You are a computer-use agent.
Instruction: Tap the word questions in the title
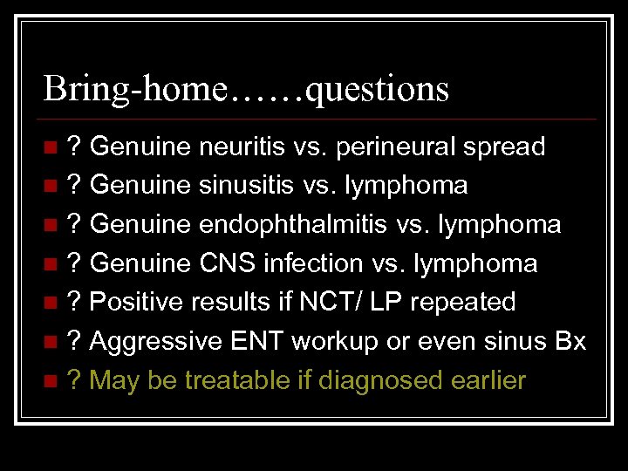coord(378,88)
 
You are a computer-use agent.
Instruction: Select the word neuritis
coord(241,147)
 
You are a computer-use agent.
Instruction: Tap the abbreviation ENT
coord(257,341)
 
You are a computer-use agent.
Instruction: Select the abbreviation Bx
coord(570,341)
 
